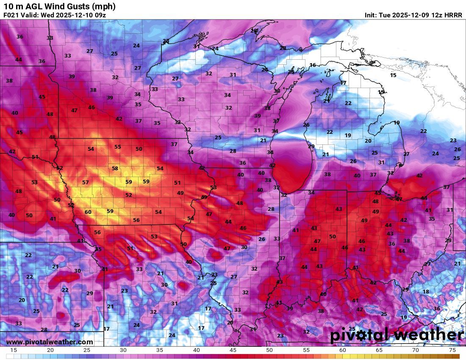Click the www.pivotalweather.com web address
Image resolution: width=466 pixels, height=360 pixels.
(50, 342)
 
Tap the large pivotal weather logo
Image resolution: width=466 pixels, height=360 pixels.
(397, 335)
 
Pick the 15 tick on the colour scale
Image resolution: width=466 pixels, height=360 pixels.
(14, 350)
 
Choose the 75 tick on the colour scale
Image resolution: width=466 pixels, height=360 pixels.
(452, 350)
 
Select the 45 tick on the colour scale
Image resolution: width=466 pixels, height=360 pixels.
(233, 350)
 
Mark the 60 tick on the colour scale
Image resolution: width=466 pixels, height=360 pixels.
(342, 350)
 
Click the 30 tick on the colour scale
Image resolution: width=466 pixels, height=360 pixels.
(123, 350)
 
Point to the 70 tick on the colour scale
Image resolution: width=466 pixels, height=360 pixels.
(416, 350)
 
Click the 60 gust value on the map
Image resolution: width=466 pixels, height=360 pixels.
(88, 212)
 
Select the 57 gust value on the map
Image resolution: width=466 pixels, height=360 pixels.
(86, 183)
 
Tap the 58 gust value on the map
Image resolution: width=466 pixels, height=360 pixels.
(115, 168)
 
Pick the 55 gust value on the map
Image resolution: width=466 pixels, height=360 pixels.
(118, 147)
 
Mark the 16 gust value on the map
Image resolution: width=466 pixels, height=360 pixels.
(313, 65)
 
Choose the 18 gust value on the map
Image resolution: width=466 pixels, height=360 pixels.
(426, 292)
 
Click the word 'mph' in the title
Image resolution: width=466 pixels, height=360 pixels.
(105, 6)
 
